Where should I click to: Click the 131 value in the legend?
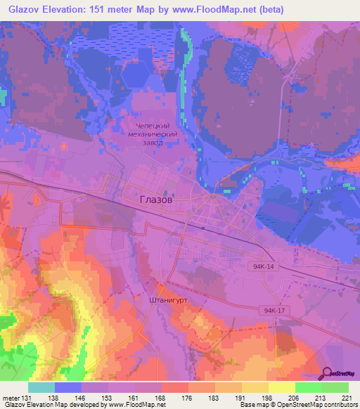tap(27, 398)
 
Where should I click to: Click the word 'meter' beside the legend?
tap(10, 398)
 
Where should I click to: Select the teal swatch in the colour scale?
tap(41, 387)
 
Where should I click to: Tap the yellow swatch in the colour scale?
tap(281, 387)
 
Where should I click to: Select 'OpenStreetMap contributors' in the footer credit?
tap(320, 405)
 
